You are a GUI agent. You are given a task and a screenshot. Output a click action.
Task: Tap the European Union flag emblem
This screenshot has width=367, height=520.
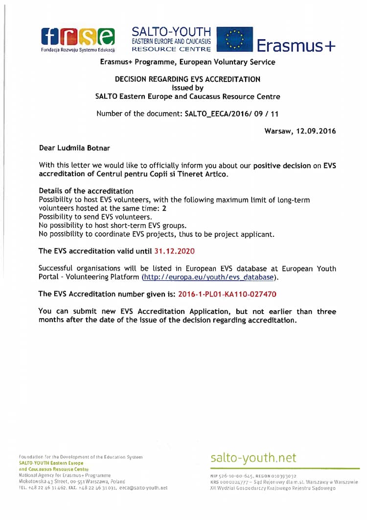(x=235, y=40)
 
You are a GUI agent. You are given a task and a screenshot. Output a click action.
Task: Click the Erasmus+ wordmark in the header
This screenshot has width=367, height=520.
(x=296, y=46)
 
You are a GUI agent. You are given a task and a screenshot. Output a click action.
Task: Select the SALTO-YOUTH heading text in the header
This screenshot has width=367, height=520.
(x=171, y=31)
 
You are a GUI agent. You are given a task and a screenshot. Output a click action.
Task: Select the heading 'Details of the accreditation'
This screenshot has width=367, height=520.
(x=86, y=191)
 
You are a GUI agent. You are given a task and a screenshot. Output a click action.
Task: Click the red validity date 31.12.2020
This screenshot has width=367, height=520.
(x=174, y=251)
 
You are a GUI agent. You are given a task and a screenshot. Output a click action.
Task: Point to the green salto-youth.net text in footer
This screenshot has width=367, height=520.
(x=253, y=458)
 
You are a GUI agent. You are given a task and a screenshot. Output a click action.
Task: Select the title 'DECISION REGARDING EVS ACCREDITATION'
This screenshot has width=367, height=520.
(x=187, y=79)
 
